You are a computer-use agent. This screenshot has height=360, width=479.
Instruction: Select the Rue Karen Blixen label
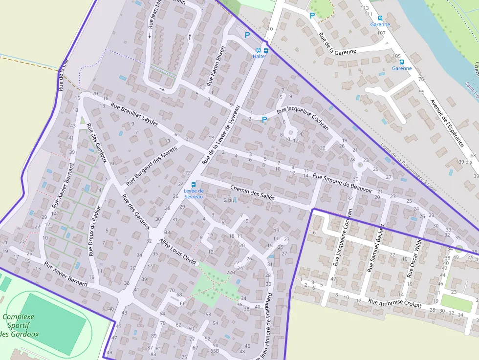point(217,66)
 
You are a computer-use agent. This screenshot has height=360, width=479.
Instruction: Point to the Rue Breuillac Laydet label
point(134,115)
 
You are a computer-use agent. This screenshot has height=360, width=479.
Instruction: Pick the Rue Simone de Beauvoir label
point(343,183)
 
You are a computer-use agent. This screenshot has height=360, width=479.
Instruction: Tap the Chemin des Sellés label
point(252,194)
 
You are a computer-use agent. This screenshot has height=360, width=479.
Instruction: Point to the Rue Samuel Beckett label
point(377,248)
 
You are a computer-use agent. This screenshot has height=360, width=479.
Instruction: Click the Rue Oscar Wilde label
point(414,257)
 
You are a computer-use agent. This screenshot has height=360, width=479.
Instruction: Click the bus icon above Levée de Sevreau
point(194,184)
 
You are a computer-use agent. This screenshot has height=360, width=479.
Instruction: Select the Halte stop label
point(259,56)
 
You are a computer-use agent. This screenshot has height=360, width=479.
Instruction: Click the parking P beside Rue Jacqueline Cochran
point(264,119)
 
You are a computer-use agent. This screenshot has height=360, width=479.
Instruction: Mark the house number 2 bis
point(229,200)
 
